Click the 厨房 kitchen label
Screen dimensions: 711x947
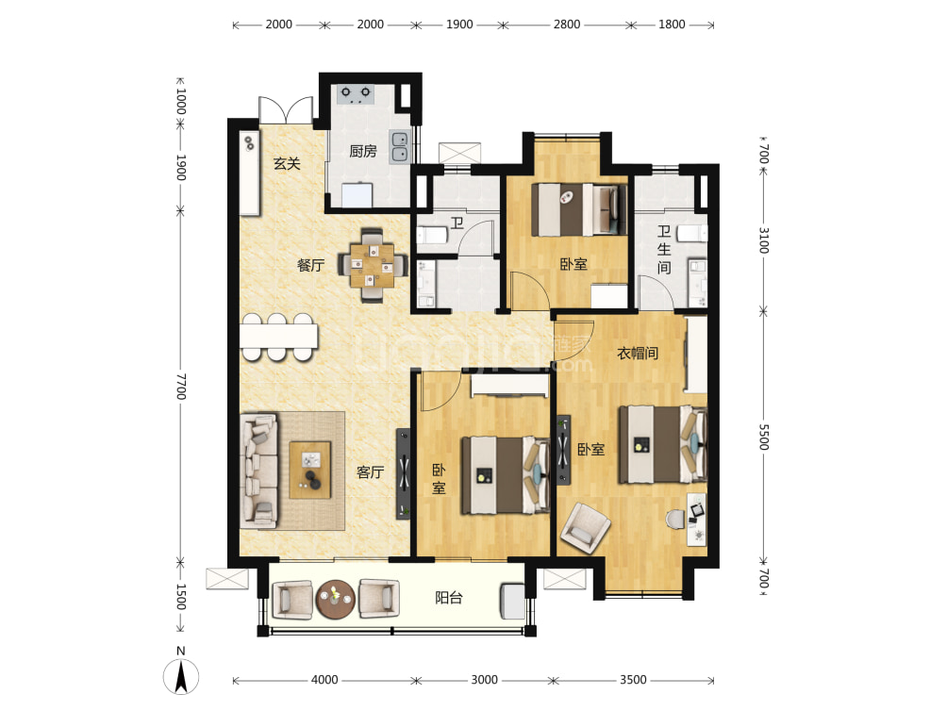pyautogui.click(x=363, y=151)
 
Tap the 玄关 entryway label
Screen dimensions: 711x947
pyautogui.click(x=287, y=164)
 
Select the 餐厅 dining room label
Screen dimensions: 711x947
pyautogui.click(x=310, y=266)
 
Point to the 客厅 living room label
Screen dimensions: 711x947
pyautogui.click(x=370, y=472)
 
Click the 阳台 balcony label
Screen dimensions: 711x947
pyautogui.click(x=448, y=597)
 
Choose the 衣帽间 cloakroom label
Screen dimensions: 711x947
pyautogui.click(x=637, y=354)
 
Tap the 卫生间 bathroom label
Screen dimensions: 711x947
pyautogui.click(x=664, y=250)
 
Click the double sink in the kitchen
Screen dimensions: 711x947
pyautogui.click(x=400, y=146)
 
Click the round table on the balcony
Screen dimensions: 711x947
pyautogui.click(x=334, y=599)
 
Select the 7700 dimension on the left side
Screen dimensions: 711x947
pyautogui.click(x=181, y=387)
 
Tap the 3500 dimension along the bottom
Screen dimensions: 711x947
pyautogui.click(x=633, y=680)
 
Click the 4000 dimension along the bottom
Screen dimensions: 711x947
pyautogui.click(x=324, y=680)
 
